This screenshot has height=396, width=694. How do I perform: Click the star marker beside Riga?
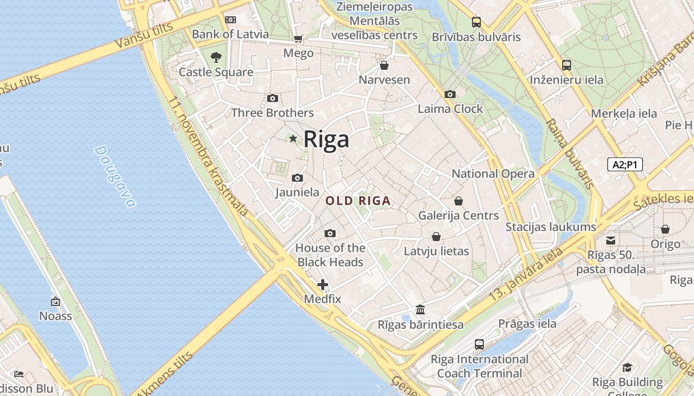click(x=293, y=139)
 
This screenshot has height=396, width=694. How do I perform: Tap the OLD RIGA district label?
click(x=358, y=201)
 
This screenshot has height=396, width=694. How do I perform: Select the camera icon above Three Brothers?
click(x=272, y=98)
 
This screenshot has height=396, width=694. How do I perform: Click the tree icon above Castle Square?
click(x=216, y=57)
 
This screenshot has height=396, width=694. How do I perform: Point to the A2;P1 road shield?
click(x=625, y=165)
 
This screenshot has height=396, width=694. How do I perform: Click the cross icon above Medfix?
click(x=323, y=285)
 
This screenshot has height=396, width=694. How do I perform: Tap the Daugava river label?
click(x=115, y=176)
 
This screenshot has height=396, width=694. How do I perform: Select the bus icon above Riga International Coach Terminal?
click(x=479, y=344)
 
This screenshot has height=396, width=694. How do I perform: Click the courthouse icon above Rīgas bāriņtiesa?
click(x=420, y=310)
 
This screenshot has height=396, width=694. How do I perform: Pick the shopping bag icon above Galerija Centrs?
click(x=459, y=201)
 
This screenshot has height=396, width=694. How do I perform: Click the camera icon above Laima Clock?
click(x=450, y=94)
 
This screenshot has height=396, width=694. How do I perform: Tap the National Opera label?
click(x=493, y=174)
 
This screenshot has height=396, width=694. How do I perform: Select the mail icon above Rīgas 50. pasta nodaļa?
click(x=611, y=241)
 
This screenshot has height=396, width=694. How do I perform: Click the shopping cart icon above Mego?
click(x=298, y=39)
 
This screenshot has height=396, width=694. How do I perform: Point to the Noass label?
click(x=56, y=316)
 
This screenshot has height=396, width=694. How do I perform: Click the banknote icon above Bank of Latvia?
click(x=230, y=20)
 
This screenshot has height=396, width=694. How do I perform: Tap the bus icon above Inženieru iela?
click(x=566, y=65)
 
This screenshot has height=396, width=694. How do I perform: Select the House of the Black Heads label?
click(x=330, y=255)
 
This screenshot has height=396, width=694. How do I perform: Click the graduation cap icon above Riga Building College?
click(x=627, y=367)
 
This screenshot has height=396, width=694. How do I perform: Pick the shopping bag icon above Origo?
click(x=665, y=229)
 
